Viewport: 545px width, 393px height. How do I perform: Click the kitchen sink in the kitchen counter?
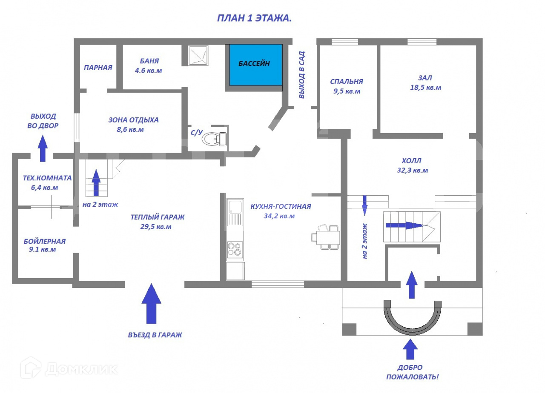235,212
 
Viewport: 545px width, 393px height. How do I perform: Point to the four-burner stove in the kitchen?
235,250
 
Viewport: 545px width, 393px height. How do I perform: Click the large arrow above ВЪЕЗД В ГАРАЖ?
151,304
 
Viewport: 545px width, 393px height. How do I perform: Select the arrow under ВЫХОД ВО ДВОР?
43,148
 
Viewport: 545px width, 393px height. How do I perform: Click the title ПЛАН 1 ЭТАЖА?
254,18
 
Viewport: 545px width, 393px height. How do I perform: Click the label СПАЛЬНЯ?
347,82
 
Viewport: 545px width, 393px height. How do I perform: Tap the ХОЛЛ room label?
411,161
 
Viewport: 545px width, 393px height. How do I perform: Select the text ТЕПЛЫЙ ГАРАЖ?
158,217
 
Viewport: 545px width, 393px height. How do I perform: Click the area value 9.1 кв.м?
42,250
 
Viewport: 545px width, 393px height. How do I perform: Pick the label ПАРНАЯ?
98,67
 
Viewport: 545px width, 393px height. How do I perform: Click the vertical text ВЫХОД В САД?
302,75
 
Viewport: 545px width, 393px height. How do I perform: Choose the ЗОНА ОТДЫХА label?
133,120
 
